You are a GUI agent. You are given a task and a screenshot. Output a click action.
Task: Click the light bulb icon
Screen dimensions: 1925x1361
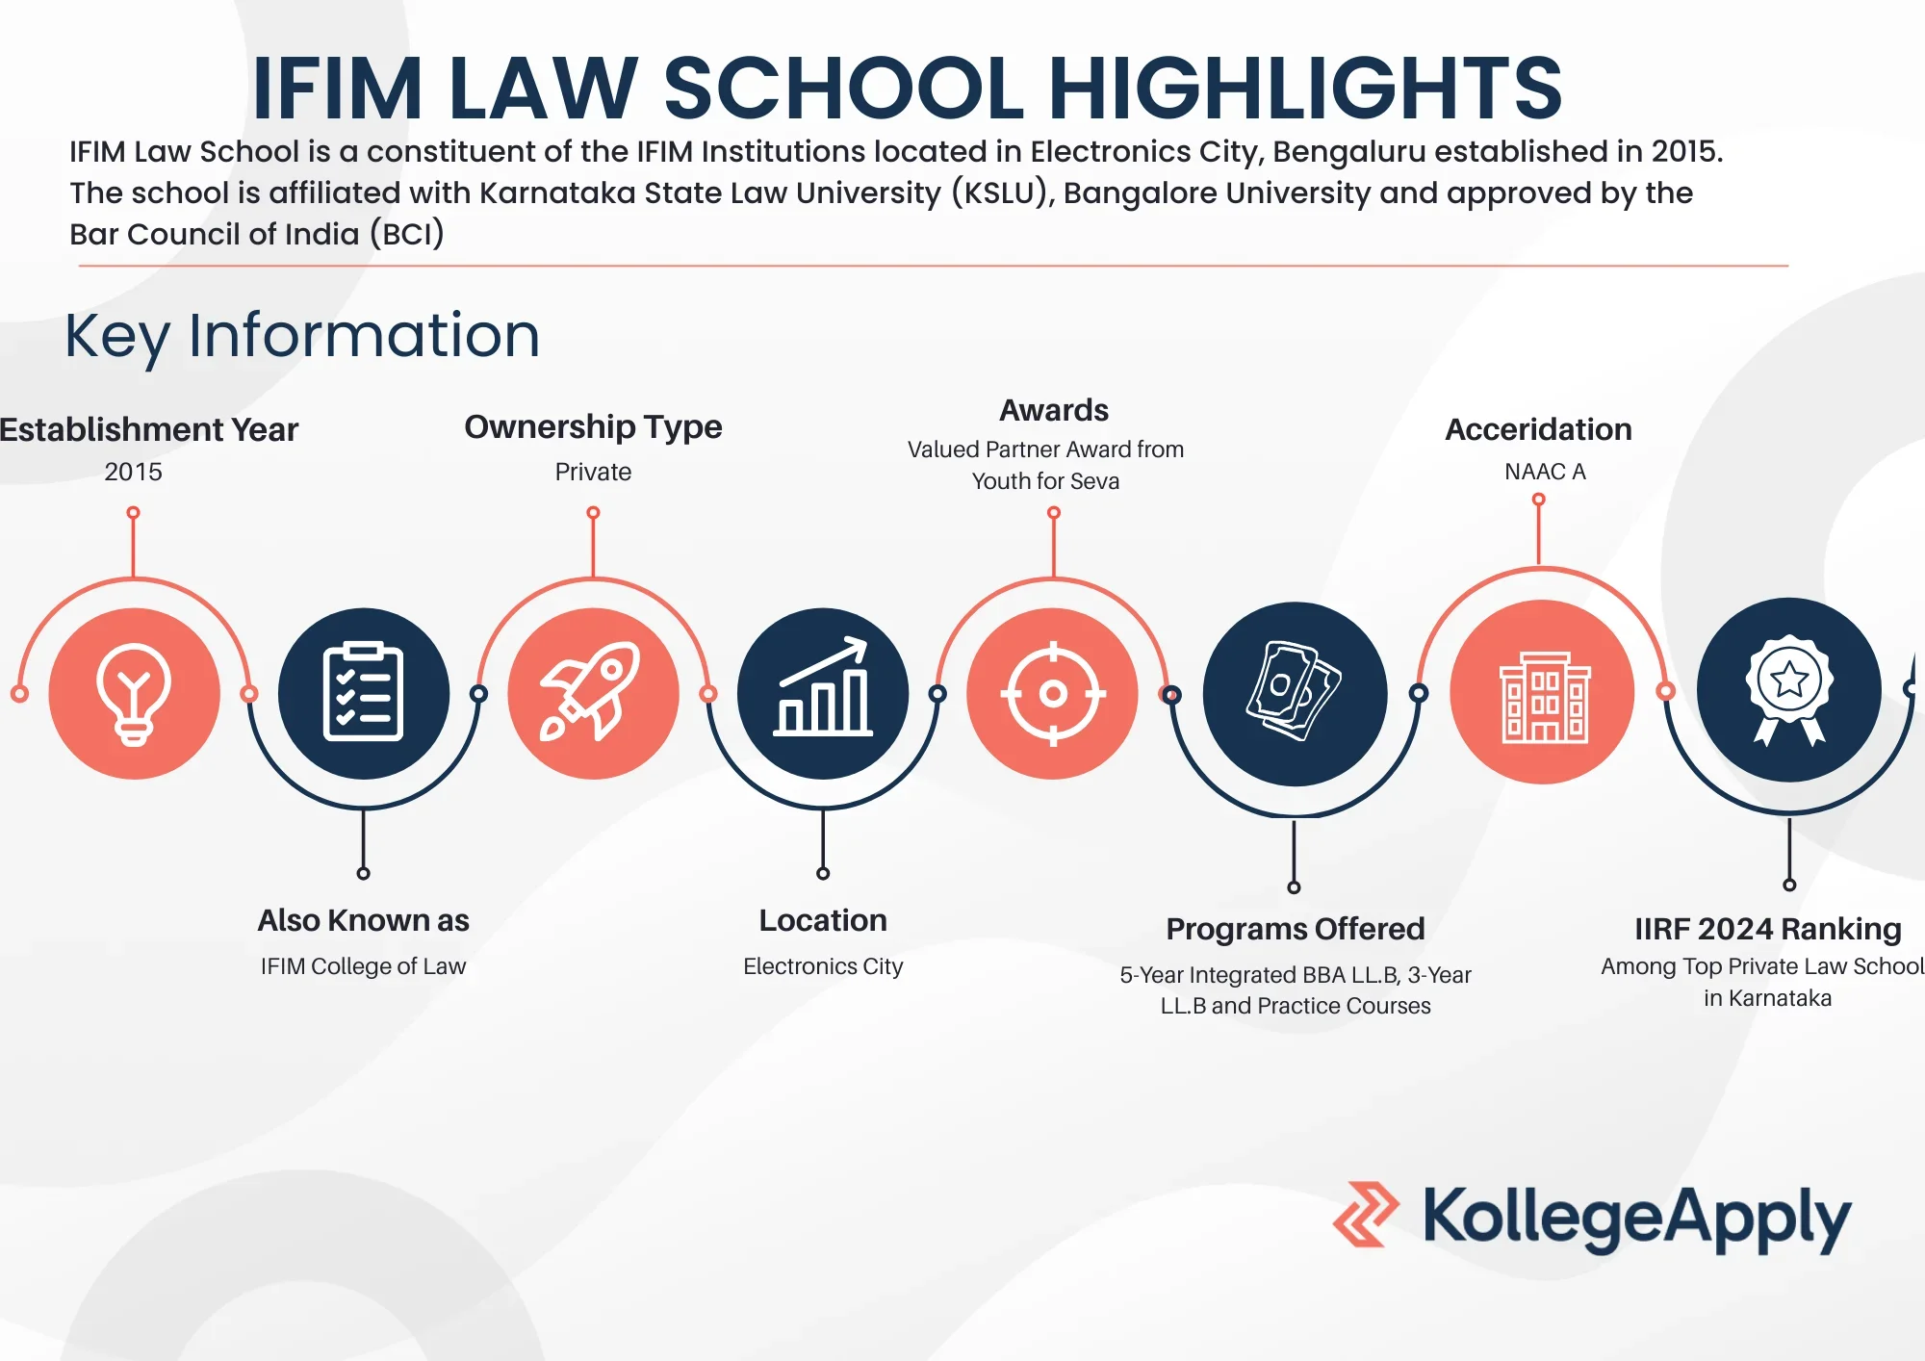click(x=134, y=694)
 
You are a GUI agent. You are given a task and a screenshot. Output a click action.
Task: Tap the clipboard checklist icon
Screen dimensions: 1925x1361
click(x=363, y=691)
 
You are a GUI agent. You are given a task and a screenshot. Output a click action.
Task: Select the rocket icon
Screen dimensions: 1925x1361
click(x=591, y=691)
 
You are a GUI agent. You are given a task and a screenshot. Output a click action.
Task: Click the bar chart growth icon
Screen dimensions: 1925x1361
click(x=823, y=686)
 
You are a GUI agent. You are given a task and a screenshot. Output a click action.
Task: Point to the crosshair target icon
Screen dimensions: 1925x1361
click(x=1053, y=693)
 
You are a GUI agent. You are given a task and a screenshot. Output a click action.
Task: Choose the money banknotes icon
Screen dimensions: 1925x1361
click(x=1294, y=691)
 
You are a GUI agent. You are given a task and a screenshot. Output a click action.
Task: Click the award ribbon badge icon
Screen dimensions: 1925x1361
click(x=1789, y=689)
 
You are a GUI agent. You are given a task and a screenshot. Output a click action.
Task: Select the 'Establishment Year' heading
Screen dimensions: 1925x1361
click(x=148, y=429)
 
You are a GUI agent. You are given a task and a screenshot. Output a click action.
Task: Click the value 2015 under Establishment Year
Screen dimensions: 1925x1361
click(x=133, y=472)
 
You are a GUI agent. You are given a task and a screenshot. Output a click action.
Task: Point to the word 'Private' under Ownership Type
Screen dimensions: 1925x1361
click(x=593, y=472)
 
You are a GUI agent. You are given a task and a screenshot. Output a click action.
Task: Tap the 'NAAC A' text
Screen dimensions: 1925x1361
click(x=1545, y=472)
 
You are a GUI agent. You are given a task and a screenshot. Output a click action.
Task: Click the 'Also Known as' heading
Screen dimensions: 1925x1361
click(x=363, y=920)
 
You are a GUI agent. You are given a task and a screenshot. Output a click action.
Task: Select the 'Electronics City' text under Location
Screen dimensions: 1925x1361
click(x=823, y=965)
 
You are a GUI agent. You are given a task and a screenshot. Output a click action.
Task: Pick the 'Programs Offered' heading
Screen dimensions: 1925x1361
click(x=1295, y=929)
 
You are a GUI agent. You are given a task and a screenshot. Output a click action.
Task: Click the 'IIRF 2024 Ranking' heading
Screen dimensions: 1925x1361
click(x=1768, y=929)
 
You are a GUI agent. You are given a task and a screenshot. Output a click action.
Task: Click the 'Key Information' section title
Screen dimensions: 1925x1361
click(x=302, y=336)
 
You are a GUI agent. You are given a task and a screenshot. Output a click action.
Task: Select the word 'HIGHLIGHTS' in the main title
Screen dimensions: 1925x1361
click(x=1305, y=88)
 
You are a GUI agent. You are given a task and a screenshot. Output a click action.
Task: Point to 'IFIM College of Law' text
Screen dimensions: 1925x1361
click(x=363, y=965)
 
